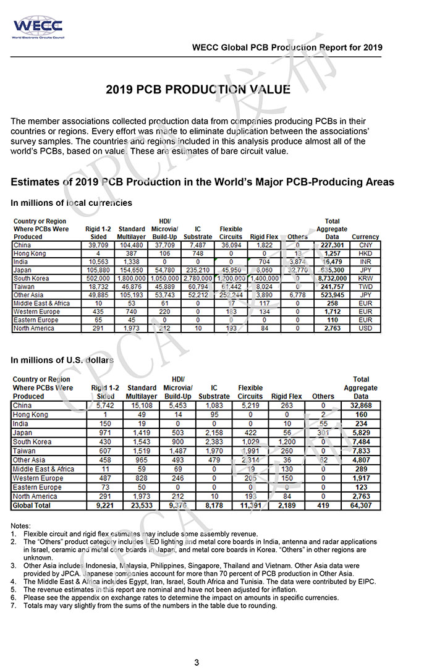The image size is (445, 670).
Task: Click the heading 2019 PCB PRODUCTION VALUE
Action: point(198,90)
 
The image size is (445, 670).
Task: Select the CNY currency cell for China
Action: point(365,245)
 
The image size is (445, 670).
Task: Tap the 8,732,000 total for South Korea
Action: point(332,279)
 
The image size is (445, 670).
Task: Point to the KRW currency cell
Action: point(365,279)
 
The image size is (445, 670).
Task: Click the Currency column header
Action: point(365,237)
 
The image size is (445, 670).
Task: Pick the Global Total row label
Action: point(33,506)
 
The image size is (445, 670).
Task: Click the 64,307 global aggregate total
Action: point(361,506)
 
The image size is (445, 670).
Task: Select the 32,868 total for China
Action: point(361,405)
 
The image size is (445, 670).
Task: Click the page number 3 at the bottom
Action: point(197,663)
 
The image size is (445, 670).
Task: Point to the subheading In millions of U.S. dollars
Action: point(62,360)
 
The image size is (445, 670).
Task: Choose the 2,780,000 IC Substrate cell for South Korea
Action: point(198,279)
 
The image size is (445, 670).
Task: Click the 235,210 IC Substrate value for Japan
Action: point(198,270)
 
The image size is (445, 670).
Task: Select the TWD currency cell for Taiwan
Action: point(365,287)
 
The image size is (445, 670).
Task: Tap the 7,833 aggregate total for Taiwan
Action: point(361,452)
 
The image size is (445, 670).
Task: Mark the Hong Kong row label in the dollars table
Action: point(30,414)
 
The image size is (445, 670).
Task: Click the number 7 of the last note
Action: point(13,606)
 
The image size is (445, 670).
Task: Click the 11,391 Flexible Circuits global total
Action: point(250,506)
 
